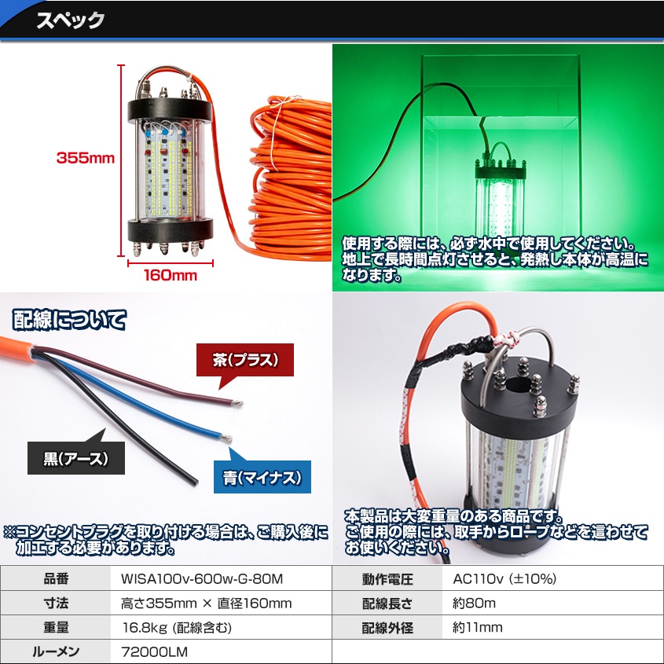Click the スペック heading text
point(70,20)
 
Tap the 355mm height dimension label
point(86,158)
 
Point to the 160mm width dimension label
point(170,276)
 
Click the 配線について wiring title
point(68,321)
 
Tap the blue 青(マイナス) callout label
point(262,476)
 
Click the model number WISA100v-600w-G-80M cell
point(201,580)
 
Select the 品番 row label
point(56,580)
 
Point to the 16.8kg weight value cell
point(177,628)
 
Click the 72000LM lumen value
point(155,651)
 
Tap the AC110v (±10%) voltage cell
point(504,580)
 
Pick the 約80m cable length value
point(475,603)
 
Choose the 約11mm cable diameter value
point(478,628)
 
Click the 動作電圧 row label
point(387,580)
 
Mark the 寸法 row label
point(56,603)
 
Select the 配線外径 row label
point(387,628)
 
